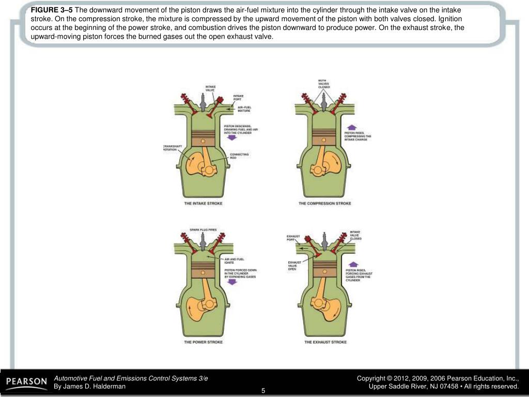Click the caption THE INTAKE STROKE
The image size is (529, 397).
[204, 204]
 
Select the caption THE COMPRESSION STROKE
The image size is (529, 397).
[324, 204]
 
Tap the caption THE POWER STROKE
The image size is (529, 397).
[204, 342]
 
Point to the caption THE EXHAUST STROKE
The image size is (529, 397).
[325, 342]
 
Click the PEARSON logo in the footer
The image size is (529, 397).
[26, 382]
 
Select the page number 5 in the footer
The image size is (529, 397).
[263, 390]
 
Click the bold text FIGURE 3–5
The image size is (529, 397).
[52, 10]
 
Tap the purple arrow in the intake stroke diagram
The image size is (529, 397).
[231, 139]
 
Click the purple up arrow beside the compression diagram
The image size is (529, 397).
[351, 127]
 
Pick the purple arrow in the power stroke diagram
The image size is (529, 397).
[231, 282]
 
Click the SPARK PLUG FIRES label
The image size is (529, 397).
[203, 229]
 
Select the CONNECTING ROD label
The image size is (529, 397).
[239, 156]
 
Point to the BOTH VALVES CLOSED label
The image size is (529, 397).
[324, 84]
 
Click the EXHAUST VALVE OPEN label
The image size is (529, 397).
[294, 266]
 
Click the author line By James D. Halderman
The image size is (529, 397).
[90, 387]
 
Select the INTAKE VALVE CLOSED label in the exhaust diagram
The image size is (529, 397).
[356, 235]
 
